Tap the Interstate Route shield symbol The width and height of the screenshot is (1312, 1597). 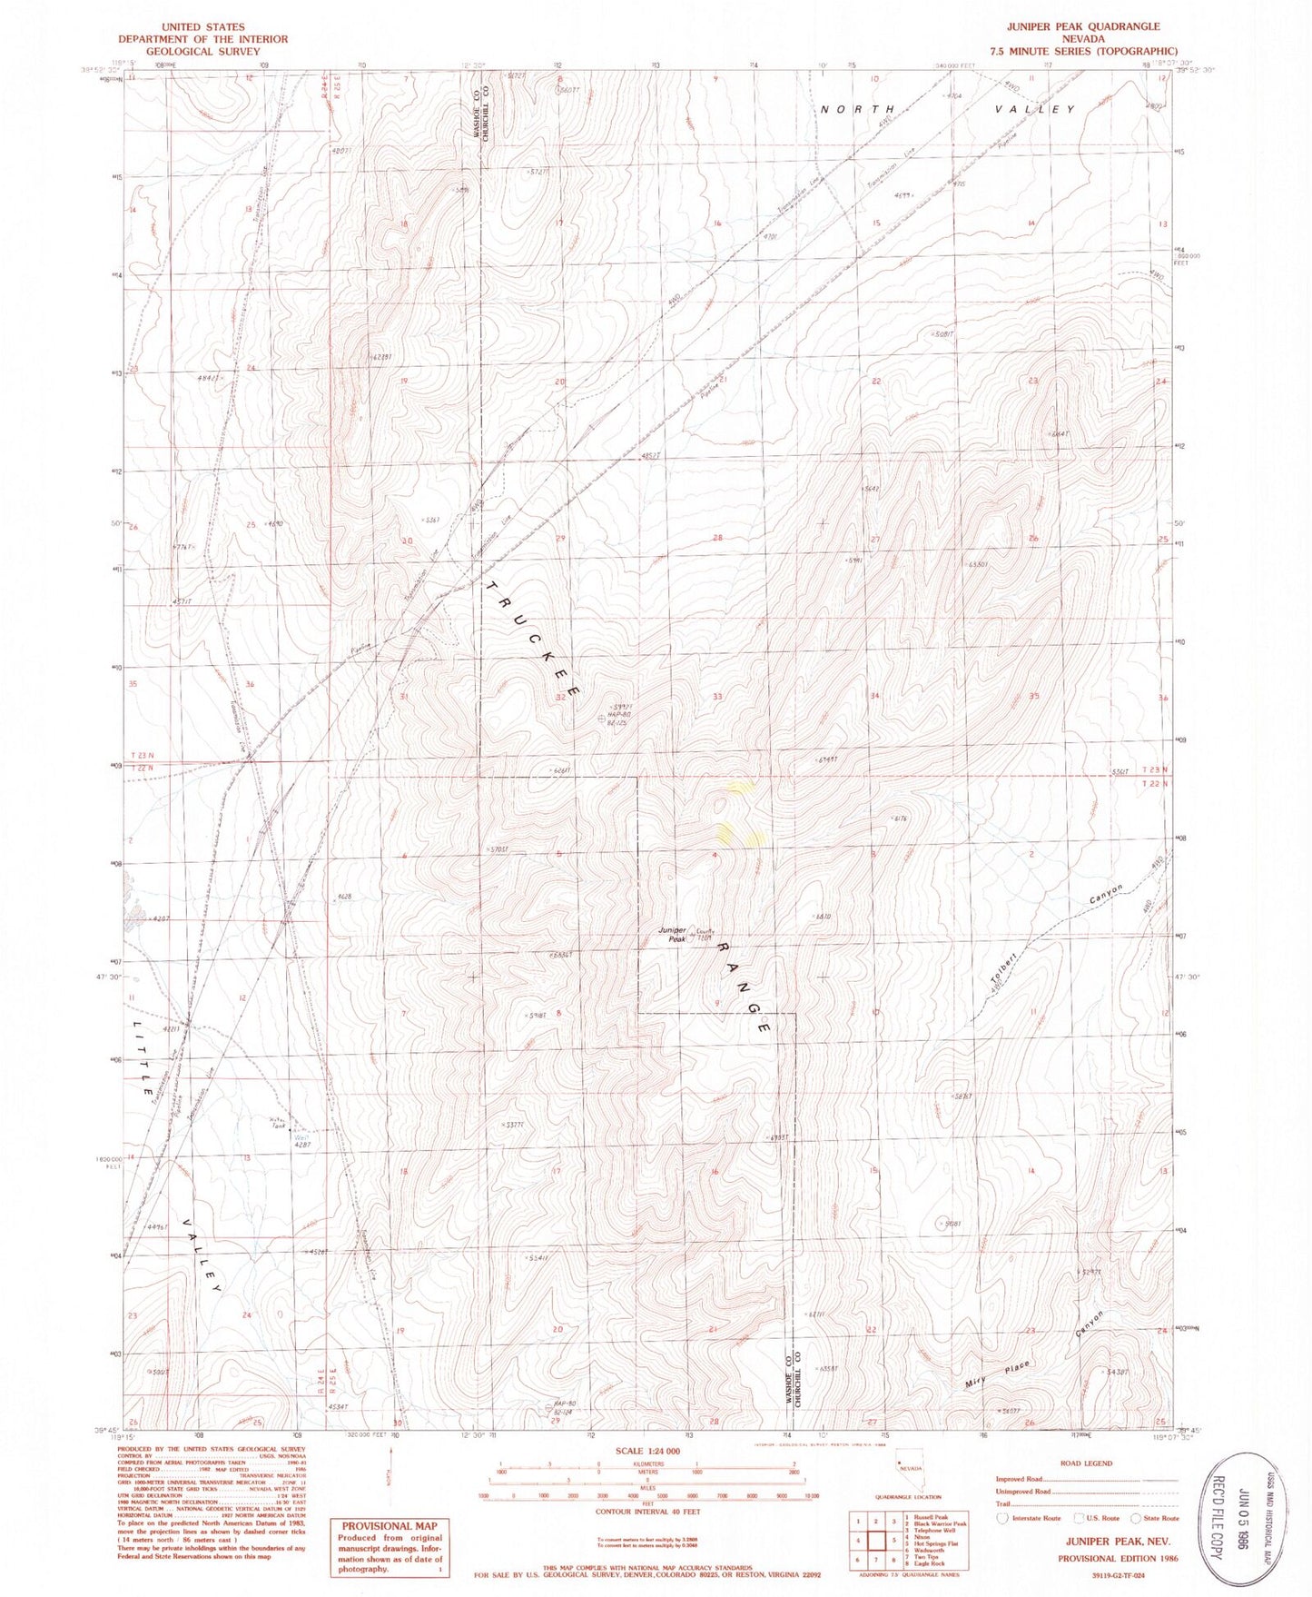click(x=1003, y=1518)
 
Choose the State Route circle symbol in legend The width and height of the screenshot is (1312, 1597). click(x=1136, y=1518)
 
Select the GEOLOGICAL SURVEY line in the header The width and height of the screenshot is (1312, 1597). click(x=202, y=52)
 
